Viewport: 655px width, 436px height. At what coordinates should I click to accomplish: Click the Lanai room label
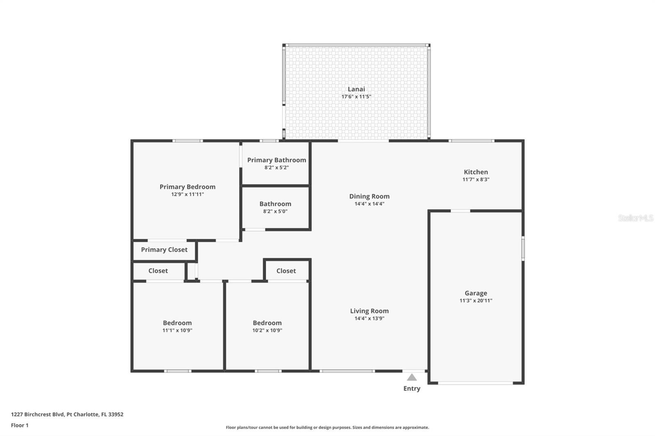356,89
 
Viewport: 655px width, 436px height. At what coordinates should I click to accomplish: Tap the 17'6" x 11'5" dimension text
356,97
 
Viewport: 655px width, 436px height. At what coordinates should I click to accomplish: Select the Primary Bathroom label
276,160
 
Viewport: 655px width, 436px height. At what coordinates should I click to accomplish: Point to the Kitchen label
476,172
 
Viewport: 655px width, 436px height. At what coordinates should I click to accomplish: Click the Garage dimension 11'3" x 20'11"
476,301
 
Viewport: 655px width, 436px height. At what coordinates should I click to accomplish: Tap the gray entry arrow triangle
412,378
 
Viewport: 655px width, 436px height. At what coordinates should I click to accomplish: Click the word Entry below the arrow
412,389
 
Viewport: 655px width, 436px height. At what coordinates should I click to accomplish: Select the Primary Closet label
164,250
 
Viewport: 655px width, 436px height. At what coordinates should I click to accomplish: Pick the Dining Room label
369,196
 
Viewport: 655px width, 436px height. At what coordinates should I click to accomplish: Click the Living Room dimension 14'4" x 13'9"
369,319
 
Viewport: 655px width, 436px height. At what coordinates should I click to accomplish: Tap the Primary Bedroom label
187,187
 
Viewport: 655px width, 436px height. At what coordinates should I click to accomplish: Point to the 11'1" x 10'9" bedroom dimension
177,330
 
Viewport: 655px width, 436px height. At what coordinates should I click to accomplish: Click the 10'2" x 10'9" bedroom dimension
267,330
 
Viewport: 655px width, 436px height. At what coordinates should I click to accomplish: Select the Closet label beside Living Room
286,271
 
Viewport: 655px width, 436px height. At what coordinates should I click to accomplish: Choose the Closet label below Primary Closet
158,271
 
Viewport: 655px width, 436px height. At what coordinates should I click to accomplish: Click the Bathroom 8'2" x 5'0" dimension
275,211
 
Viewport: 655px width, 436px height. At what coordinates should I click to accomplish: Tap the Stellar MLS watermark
635,218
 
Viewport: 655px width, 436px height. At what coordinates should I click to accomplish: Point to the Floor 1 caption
20,425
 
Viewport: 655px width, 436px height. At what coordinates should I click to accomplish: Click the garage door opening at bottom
475,383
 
